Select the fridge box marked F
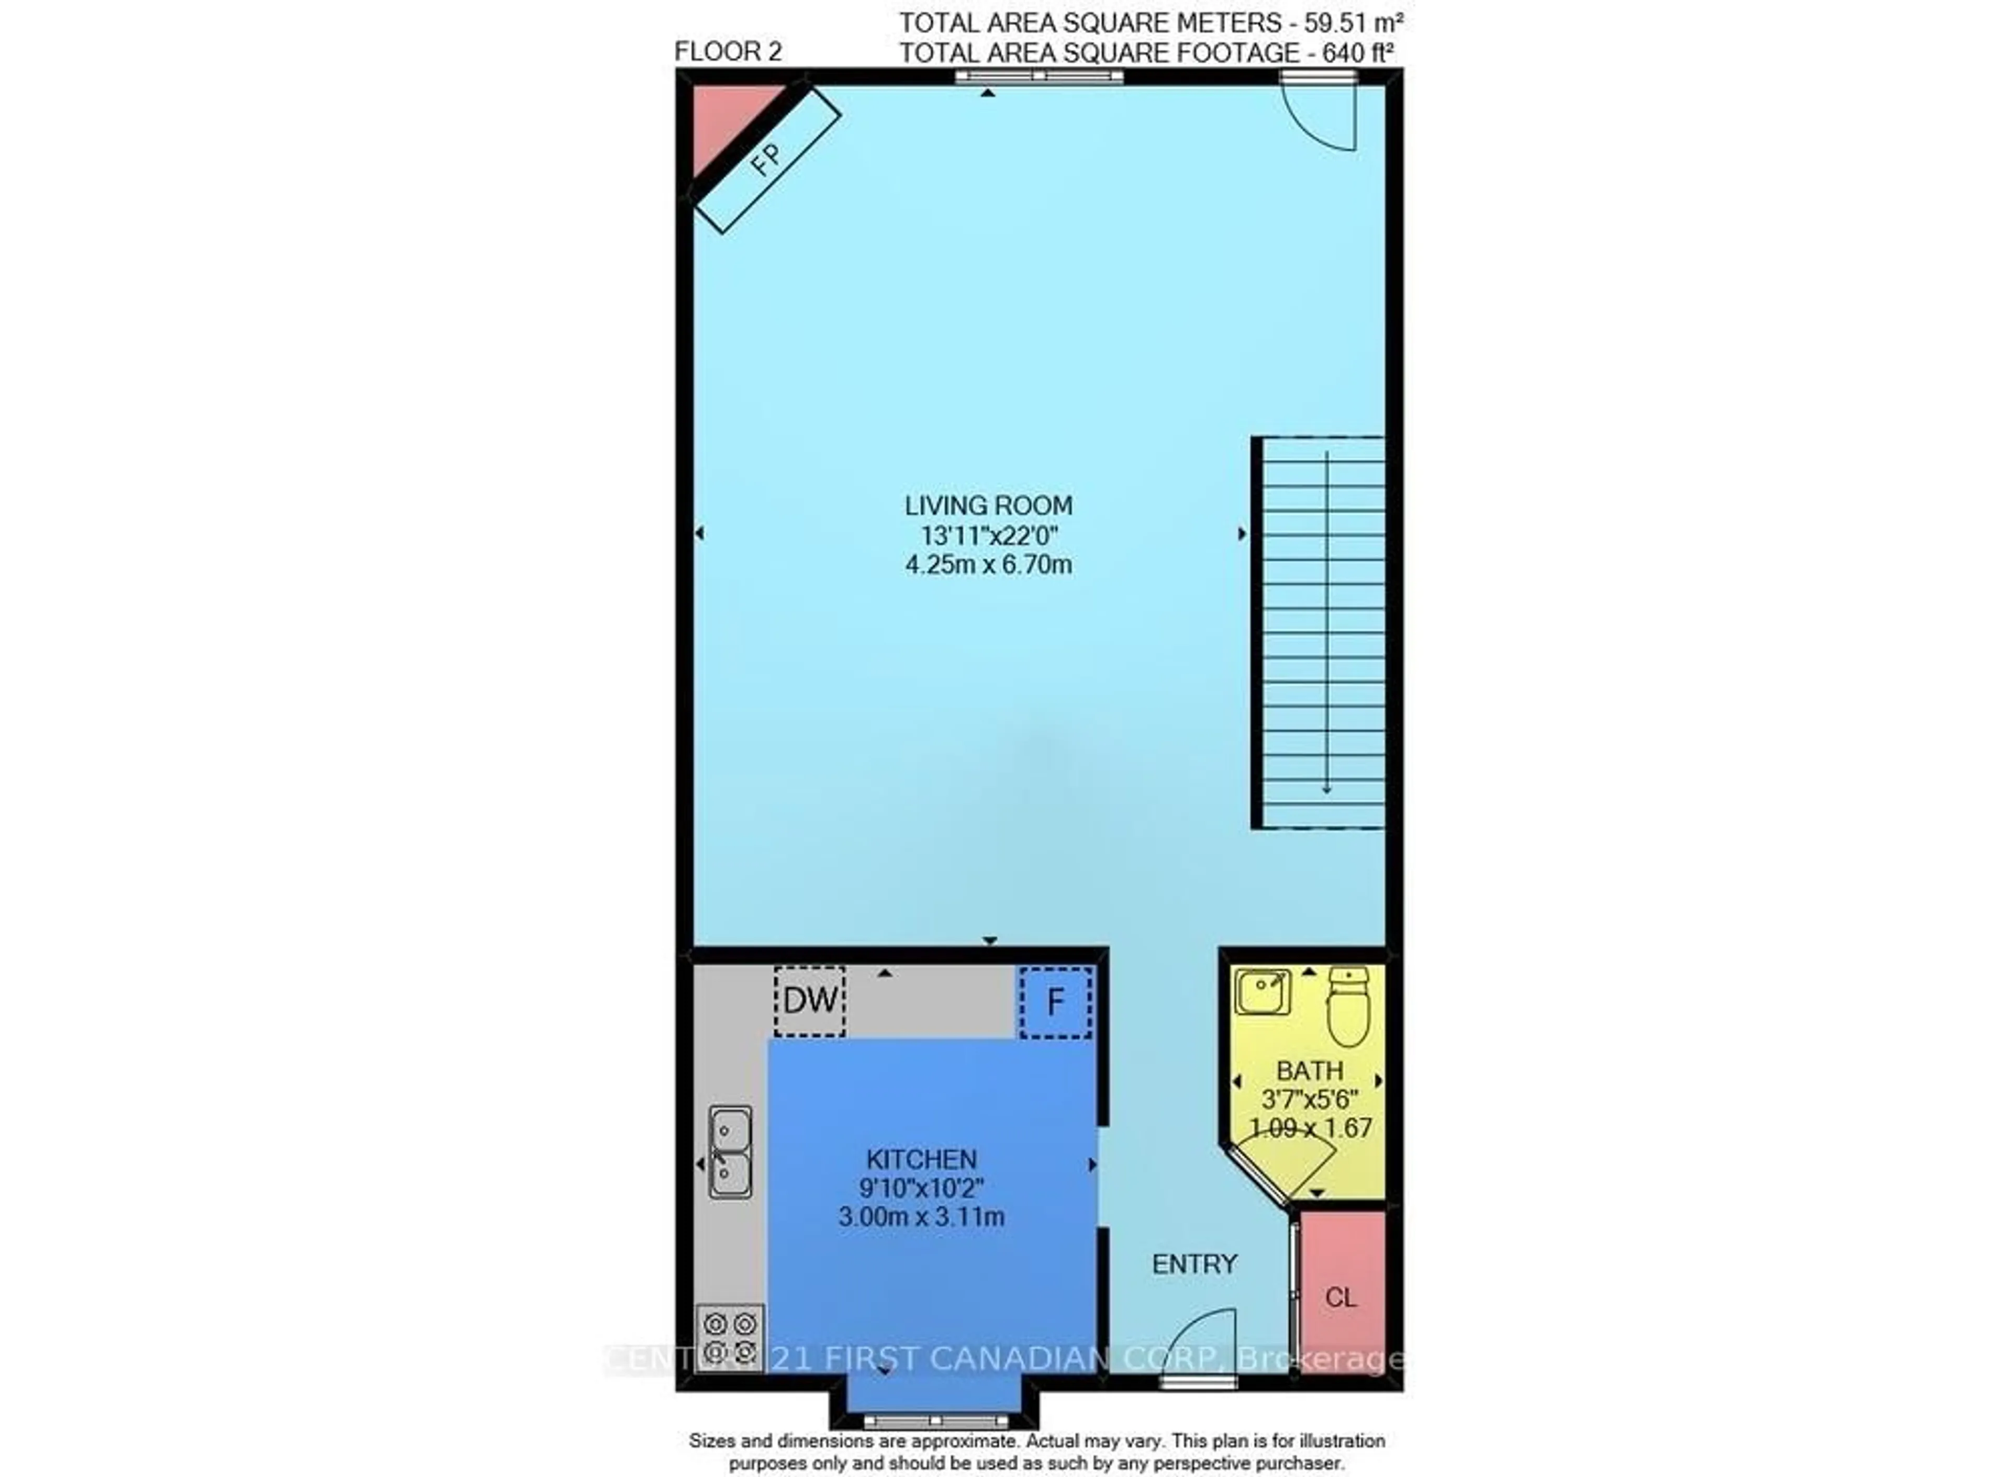pyautogui.click(x=1055, y=1001)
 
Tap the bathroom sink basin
pyautogui.click(x=1263, y=991)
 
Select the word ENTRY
pyautogui.click(x=1193, y=1264)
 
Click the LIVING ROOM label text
pyautogui.click(x=988, y=506)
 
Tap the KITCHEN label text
pyautogui.click(x=921, y=1160)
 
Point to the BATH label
pyautogui.click(x=1309, y=1070)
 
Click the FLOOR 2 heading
pyautogui.click(x=728, y=52)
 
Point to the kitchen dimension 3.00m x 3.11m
pyautogui.click(x=921, y=1217)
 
